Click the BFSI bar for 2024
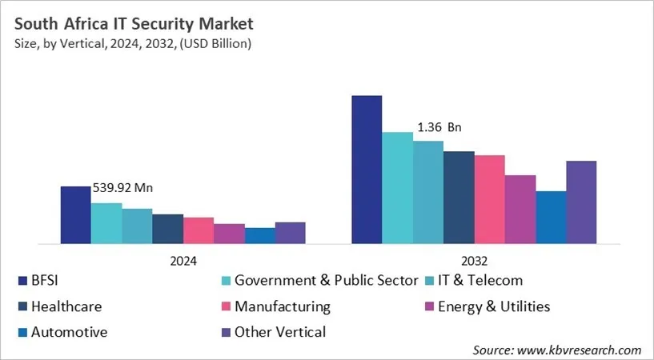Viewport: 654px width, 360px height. [76, 214]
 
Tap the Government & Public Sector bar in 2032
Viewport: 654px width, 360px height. [397, 188]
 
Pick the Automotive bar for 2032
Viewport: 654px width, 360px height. [551, 217]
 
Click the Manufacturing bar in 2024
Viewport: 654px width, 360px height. [199, 230]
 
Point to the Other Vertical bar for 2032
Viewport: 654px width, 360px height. [581, 202]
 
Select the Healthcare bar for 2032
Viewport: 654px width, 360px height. [459, 197]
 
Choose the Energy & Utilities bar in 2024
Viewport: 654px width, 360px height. [229, 234]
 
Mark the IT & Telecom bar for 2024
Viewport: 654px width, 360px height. [137, 226]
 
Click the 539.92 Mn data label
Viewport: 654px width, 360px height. [122, 188]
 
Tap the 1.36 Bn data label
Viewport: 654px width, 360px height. [439, 127]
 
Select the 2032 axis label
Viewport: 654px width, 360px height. [474, 261]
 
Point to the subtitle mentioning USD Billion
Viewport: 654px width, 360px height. [131, 43]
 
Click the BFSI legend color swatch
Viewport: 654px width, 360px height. [22, 281]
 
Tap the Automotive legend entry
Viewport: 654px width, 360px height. [69, 332]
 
